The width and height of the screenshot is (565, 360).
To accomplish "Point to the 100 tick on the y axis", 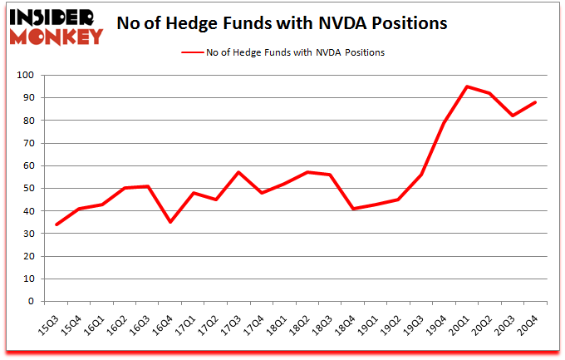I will pos(27,76).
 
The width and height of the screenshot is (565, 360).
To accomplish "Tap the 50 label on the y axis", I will pos(29,189).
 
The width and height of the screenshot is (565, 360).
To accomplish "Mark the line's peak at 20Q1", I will pos(468,86).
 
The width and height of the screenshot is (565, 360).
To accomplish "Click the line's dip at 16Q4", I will pos(170,222).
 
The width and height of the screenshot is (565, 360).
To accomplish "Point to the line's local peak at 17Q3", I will pos(238,172).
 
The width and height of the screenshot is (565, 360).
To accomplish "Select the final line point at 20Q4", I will pos(536,102).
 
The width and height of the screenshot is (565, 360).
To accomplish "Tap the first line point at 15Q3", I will pos(56,224).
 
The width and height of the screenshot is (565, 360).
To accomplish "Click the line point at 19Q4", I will pos(445,122).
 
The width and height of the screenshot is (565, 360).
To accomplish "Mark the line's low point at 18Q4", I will pos(353,209).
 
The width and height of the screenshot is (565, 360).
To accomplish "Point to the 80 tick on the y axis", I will pos(29,121).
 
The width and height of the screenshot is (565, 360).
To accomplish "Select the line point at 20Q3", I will pos(513,116).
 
